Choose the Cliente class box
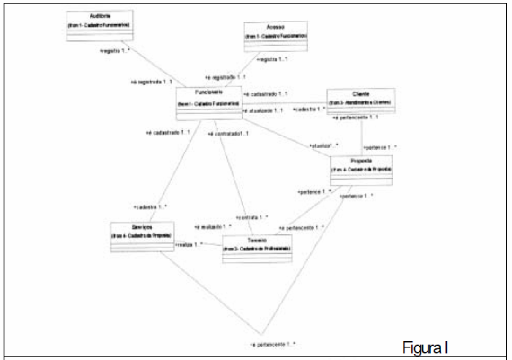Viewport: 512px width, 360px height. click(361, 102)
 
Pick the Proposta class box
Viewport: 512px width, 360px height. click(361, 169)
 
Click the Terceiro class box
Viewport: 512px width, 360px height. click(257, 249)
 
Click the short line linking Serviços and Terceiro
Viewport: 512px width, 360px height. click(197, 245)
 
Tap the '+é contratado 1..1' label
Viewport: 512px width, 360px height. click(228, 134)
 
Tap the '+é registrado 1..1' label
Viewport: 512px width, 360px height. click(225, 76)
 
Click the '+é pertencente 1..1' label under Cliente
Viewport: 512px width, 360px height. click(355, 117)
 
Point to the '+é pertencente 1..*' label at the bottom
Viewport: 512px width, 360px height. click(272, 343)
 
